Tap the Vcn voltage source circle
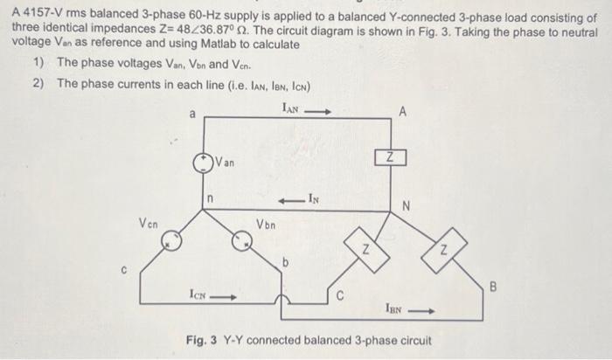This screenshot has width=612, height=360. pos(173,237)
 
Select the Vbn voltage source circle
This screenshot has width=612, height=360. pos(240,237)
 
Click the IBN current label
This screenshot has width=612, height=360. pos(394,308)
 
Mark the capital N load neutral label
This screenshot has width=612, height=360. pos(405,206)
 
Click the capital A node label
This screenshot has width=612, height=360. pos(402,111)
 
